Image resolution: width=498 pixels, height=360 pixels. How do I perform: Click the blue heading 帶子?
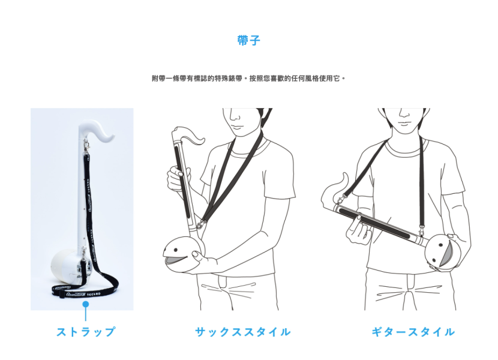(248, 40)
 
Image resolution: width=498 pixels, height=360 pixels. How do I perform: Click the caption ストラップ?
(85, 332)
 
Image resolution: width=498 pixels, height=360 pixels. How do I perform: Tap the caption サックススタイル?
(243, 332)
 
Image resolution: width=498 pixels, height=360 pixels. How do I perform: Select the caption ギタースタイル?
(413, 332)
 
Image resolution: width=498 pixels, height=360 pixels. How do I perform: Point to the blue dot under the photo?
(85, 304)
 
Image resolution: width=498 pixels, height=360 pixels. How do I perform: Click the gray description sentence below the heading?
(248, 78)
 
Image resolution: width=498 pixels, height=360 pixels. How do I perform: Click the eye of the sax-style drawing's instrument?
(175, 251)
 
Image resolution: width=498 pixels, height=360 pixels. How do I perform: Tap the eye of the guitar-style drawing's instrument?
(441, 245)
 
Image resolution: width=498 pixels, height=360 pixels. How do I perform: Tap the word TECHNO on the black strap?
(94, 294)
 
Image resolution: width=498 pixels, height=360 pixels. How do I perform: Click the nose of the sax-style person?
(235, 116)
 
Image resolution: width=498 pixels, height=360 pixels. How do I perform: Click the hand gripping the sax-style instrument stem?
(178, 179)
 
